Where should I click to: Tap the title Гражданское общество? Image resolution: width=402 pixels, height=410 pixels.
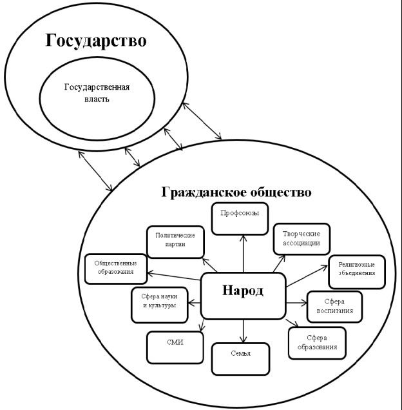pos(236,192)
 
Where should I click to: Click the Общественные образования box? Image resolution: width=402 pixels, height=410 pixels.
pos(114,268)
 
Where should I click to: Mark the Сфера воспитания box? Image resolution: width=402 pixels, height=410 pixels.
pos(334,307)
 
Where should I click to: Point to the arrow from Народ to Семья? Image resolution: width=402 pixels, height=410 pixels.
pos(243,329)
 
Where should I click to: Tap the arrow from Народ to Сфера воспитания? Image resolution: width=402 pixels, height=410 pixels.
pos(296,302)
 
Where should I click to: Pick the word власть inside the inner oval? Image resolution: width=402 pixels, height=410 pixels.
pos(97,99)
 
